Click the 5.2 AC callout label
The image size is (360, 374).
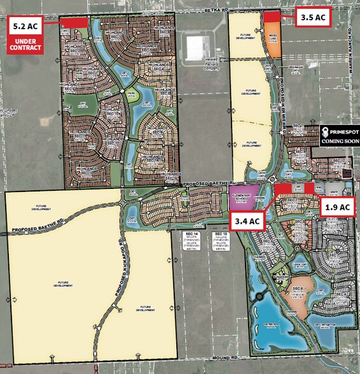(x=24, y=27)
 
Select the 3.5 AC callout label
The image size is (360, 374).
(x=314, y=17)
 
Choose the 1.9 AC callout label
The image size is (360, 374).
(x=337, y=207)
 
